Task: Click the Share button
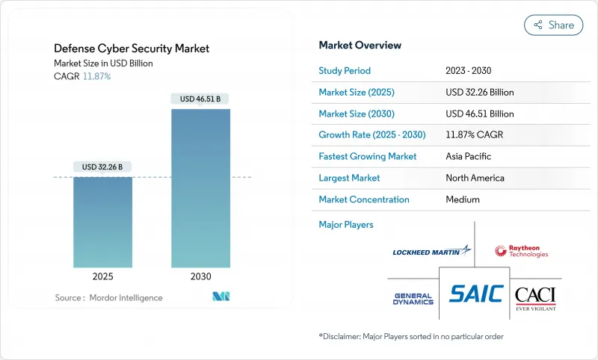(x=553, y=25)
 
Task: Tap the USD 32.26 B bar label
(x=102, y=166)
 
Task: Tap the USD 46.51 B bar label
(x=200, y=99)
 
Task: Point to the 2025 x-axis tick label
(x=102, y=276)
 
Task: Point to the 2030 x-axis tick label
(x=200, y=276)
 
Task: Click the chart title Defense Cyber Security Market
(x=132, y=49)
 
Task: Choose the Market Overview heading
(x=360, y=46)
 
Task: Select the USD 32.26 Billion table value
(x=479, y=93)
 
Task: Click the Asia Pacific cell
(x=469, y=157)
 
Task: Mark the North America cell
(x=475, y=179)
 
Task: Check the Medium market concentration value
(x=462, y=199)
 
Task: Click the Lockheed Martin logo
(x=432, y=252)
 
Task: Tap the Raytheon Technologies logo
(x=521, y=251)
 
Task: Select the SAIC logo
(x=476, y=294)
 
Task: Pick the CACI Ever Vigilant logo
(x=535, y=298)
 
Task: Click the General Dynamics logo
(x=413, y=299)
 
